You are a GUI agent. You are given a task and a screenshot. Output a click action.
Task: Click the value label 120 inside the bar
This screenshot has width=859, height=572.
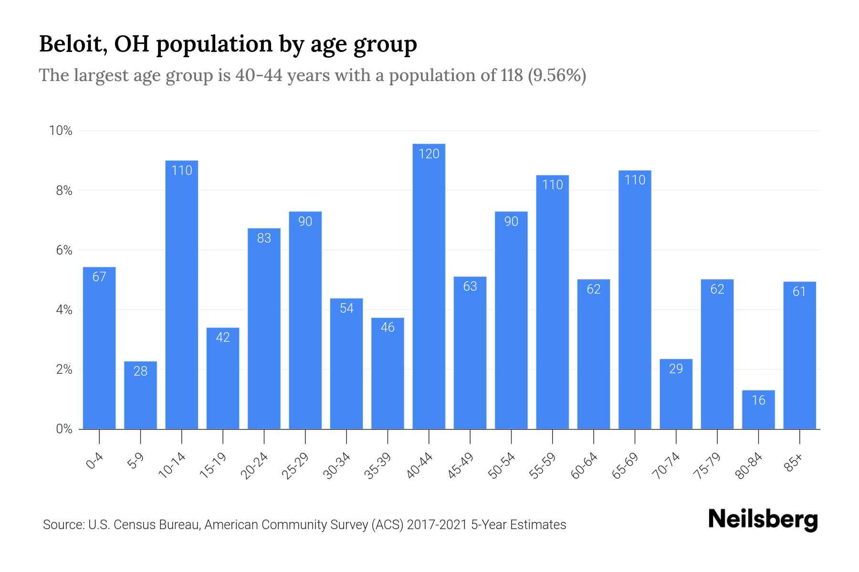click(x=429, y=154)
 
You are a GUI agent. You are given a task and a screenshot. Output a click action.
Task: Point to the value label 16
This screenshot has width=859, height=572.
click(x=758, y=400)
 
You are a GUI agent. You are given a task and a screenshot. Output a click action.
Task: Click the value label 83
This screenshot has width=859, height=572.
click(x=264, y=238)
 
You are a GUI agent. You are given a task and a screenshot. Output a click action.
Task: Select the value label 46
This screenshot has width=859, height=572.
click(x=388, y=327)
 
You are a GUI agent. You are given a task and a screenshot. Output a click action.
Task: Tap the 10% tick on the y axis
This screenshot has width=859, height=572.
click(x=61, y=131)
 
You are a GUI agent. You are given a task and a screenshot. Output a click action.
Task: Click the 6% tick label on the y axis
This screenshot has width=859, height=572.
click(x=63, y=250)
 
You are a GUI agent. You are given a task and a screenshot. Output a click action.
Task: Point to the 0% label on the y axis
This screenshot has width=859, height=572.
click(x=63, y=429)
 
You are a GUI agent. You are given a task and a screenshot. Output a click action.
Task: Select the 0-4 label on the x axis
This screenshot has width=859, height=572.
click(x=94, y=461)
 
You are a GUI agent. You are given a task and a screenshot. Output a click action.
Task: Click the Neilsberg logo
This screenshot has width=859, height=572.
click(x=763, y=520)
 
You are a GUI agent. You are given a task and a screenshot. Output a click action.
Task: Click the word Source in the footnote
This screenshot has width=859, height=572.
click(x=62, y=525)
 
